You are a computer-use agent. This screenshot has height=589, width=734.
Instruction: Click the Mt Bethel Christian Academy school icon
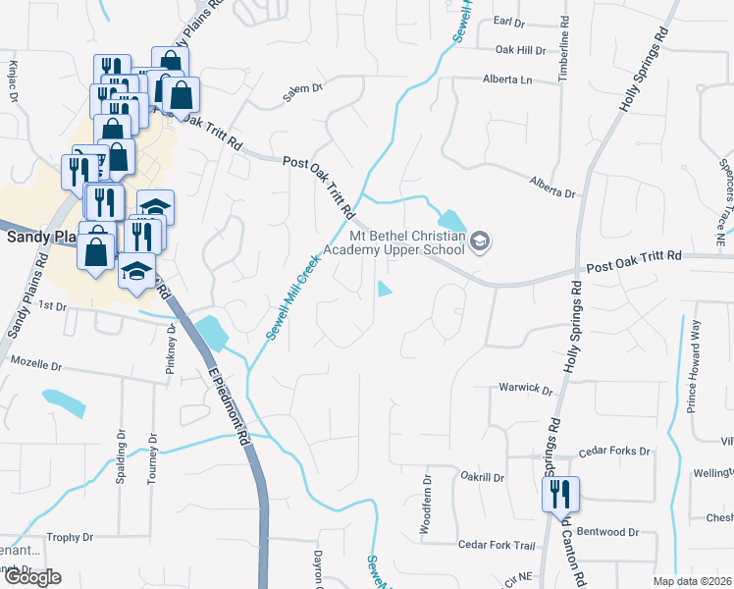480,241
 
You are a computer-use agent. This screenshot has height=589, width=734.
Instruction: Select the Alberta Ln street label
506,80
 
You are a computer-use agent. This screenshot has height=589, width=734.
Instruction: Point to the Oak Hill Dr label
519,50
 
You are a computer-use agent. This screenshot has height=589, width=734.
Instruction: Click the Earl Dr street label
511,21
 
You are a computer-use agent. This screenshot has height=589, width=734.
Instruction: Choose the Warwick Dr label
526,388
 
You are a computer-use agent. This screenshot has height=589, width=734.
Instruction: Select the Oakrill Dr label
483,478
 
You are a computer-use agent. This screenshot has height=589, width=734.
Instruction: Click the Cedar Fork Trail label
496,545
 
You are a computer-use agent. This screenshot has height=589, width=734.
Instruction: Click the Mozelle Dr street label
35,362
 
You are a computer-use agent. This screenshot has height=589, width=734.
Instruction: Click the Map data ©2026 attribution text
692,581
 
